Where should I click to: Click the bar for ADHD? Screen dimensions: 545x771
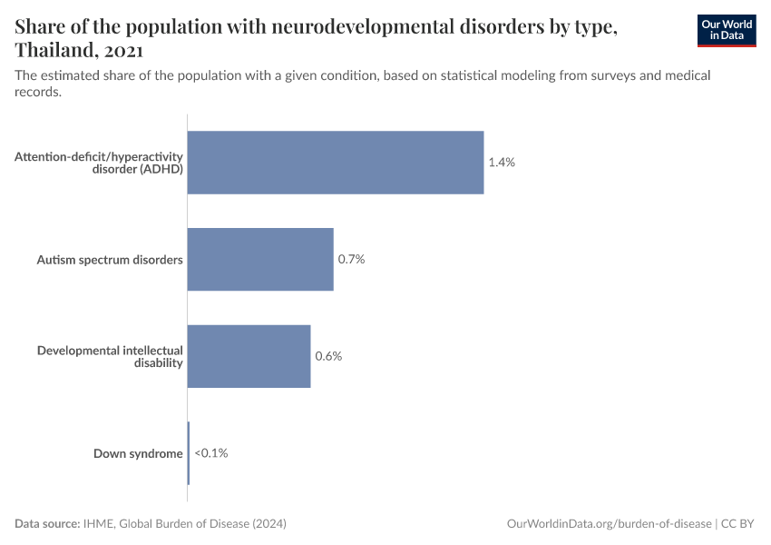[336, 163]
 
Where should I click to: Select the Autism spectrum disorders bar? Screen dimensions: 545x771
[260, 260]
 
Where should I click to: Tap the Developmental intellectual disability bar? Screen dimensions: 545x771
[249, 356]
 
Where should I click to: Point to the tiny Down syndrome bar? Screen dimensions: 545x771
[189, 453]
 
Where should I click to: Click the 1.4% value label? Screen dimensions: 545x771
[502, 163]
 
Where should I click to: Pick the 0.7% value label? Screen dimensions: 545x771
[351, 260]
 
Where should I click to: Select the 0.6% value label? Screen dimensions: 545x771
[328, 356]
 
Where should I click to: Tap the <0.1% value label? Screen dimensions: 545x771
[211, 453]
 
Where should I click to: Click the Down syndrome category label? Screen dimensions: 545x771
[138, 453]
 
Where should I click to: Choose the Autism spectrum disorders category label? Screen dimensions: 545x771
[110, 260]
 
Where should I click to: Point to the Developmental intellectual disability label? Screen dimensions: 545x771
[110, 356]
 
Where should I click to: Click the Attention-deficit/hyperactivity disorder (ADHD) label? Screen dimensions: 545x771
[99, 163]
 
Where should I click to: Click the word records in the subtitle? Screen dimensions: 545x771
[37, 92]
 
